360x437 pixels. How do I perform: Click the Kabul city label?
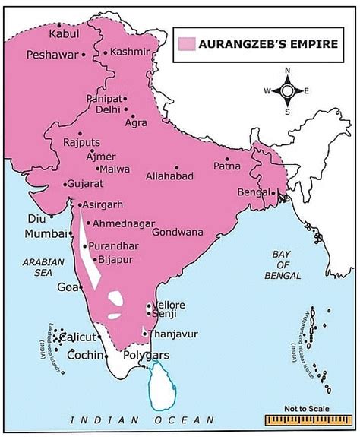(64, 33)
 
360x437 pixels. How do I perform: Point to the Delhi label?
(109, 109)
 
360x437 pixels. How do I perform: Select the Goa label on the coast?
(66, 287)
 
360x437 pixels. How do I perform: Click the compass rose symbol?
(287, 91)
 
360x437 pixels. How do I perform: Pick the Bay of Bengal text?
(291, 268)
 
